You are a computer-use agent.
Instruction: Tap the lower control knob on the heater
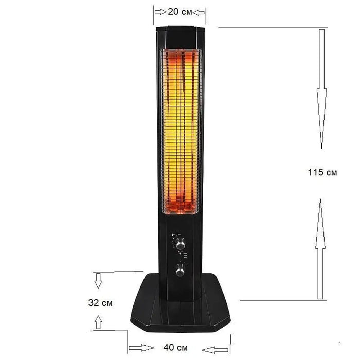pos(180,270)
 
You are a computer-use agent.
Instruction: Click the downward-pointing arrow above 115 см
pos(321,87)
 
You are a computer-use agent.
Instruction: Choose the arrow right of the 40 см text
pos(215,350)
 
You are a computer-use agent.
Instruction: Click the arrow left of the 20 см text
pos(159,12)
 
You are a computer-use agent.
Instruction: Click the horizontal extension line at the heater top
pos(273,27)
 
